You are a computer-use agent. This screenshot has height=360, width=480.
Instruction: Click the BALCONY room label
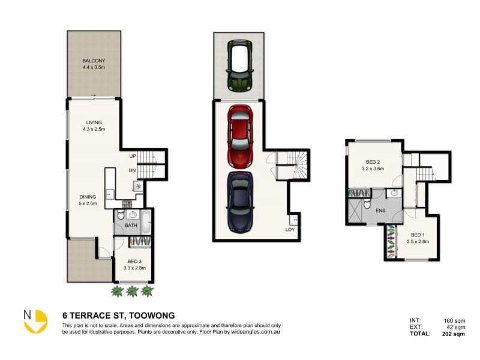pos(94,61)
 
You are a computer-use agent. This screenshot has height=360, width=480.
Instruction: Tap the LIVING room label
pos(94,122)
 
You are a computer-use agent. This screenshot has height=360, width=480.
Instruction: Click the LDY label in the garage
pos(290,229)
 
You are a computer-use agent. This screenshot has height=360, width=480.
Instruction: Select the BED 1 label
pos(418,235)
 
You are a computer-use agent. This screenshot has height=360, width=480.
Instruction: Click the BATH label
pos(131,226)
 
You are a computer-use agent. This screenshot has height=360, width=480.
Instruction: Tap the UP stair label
pos(131,156)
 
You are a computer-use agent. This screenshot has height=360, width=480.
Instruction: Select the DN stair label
pos(131,170)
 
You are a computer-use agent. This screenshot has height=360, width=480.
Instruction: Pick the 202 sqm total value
pos(453,334)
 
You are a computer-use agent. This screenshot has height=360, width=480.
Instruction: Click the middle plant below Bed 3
pos(133,292)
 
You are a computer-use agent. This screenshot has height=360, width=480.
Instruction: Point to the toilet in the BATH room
pos(120,215)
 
